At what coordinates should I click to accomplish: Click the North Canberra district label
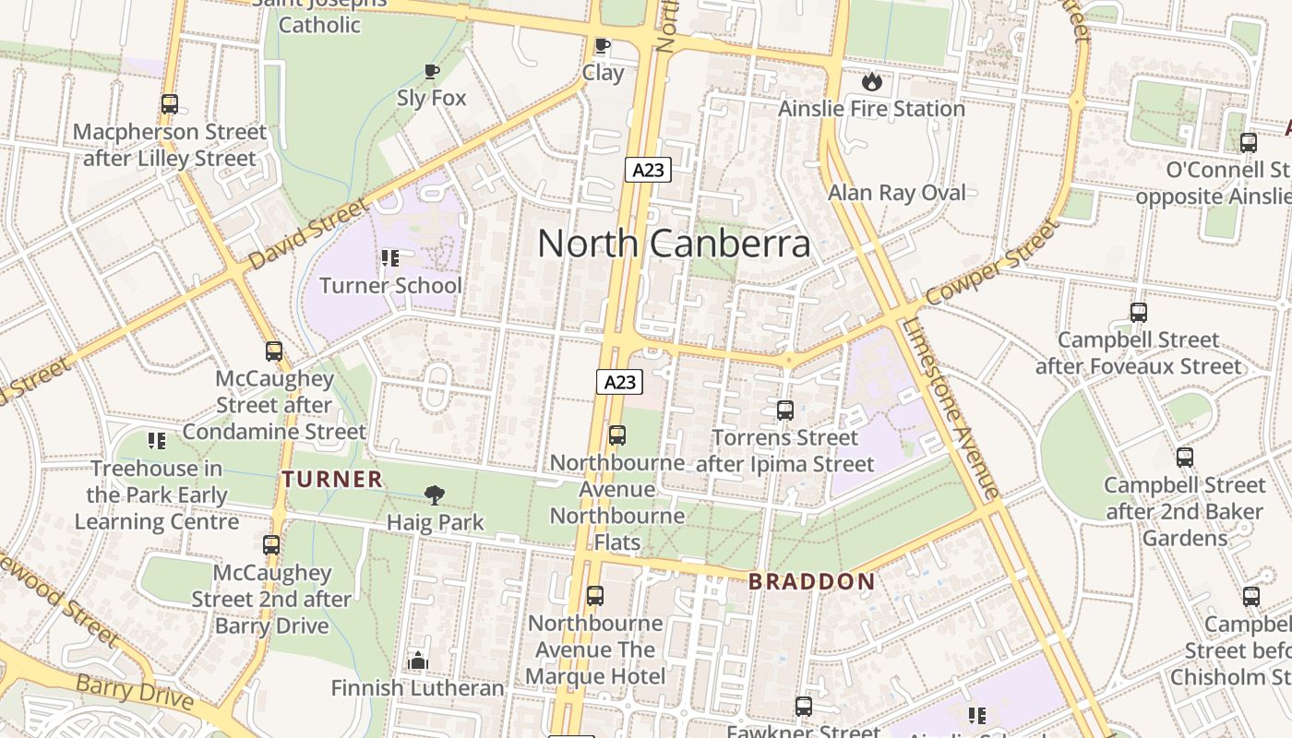pyautogui.click(x=674, y=244)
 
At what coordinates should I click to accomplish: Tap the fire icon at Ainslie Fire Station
pyautogui.click(x=872, y=81)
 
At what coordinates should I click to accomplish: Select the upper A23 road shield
pyautogui.click(x=648, y=170)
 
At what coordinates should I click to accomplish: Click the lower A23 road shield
pyautogui.click(x=618, y=382)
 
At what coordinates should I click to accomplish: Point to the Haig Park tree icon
pyautogui.click(x=435, y=495)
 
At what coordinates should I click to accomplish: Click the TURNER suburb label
pyautogui.click(x=332, y=479)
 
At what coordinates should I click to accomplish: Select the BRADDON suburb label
pyautogui.click(x=811, y=581)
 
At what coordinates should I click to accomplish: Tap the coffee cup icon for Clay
pyautogui.click(x=603, y=45)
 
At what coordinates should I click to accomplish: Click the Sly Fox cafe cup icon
pyautogui.click(x=431, y=71)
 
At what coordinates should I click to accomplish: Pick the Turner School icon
pyautogui.click(x=390, y=258)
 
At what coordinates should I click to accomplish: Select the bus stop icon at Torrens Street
pyautogui.click(x=785, y=411)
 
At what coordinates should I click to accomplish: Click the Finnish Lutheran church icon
pyautogui.click(x=418, y=661)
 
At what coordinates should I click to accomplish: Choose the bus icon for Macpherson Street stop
pyautogui.click(x=169, y=104)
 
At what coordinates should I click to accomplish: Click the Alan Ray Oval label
pyautogui.click(x=897, y=193)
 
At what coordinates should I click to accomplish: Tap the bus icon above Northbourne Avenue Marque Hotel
pyautogui.click(x=595, y=596)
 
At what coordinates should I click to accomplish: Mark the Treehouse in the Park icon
pyautogui.click(x=157, y=441)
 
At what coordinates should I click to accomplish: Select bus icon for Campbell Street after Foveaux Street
pyautogui.click(x=1139, y=313)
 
